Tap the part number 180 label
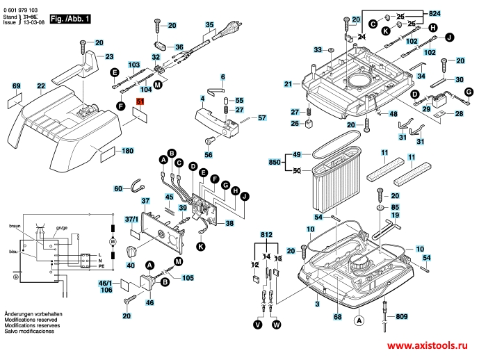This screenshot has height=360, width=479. click(x=127, y=151)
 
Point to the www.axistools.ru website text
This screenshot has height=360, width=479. click(x=430, y=345)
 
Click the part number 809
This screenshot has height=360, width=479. click(x=402, y=316)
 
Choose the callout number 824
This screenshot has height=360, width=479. click(x=454, y=14)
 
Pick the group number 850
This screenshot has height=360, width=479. click(x=275, y=162)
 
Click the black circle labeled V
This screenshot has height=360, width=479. click(x=258, y=324)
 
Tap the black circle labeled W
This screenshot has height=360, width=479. click(x=277, y=324)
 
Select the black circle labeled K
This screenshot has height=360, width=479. click(x=200, y=247)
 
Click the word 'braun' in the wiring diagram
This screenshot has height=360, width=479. click(x=15, y=227)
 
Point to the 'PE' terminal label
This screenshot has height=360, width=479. click(x=102, y=266)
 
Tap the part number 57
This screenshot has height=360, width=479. click(x=262, y=118)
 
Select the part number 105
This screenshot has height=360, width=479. click(x=188, y=278)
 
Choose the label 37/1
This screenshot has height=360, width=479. click(x=131, y=220)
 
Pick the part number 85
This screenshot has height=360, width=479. click(x=395, y=206)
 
